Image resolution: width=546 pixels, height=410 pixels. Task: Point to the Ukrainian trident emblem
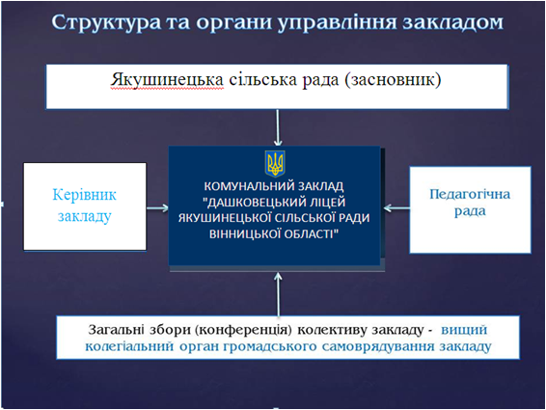click(276, 161)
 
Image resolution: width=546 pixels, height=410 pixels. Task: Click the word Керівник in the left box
click(84, 194)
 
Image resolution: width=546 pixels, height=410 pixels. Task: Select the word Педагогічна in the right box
click(470, 194)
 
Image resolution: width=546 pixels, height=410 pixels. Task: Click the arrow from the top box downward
click(278, 127)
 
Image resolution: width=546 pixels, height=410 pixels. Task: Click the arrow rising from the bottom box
click(278, 290)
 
